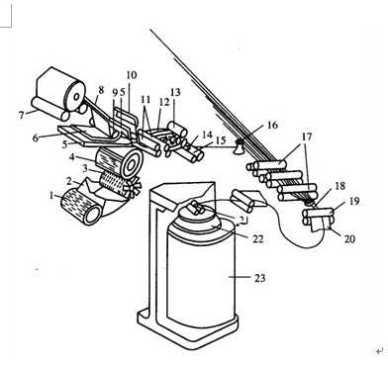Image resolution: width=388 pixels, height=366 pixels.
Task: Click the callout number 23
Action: point(259,278)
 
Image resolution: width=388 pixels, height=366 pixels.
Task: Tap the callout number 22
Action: point(258,238)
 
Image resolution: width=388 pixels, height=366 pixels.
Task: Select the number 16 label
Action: point(272,126)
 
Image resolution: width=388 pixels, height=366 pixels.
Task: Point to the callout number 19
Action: point(353,201)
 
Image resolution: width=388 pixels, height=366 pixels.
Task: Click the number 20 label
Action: point(349,238)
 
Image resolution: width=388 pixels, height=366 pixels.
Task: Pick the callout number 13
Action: point(175,92)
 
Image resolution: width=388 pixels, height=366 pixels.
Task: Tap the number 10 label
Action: point(131,75)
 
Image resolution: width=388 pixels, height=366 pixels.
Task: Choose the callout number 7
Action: point(22,116)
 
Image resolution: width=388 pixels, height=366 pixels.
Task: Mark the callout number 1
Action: point(51,196)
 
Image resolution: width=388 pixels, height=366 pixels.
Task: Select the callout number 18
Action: point(339,186)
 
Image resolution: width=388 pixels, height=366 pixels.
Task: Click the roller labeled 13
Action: point(177,129)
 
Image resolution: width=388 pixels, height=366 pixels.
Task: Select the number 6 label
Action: point(36,138)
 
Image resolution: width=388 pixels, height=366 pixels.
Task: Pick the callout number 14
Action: point(207,135)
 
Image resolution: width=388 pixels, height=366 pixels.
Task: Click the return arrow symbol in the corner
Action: point(380,351)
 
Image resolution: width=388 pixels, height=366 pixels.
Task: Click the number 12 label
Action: point(164,101)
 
